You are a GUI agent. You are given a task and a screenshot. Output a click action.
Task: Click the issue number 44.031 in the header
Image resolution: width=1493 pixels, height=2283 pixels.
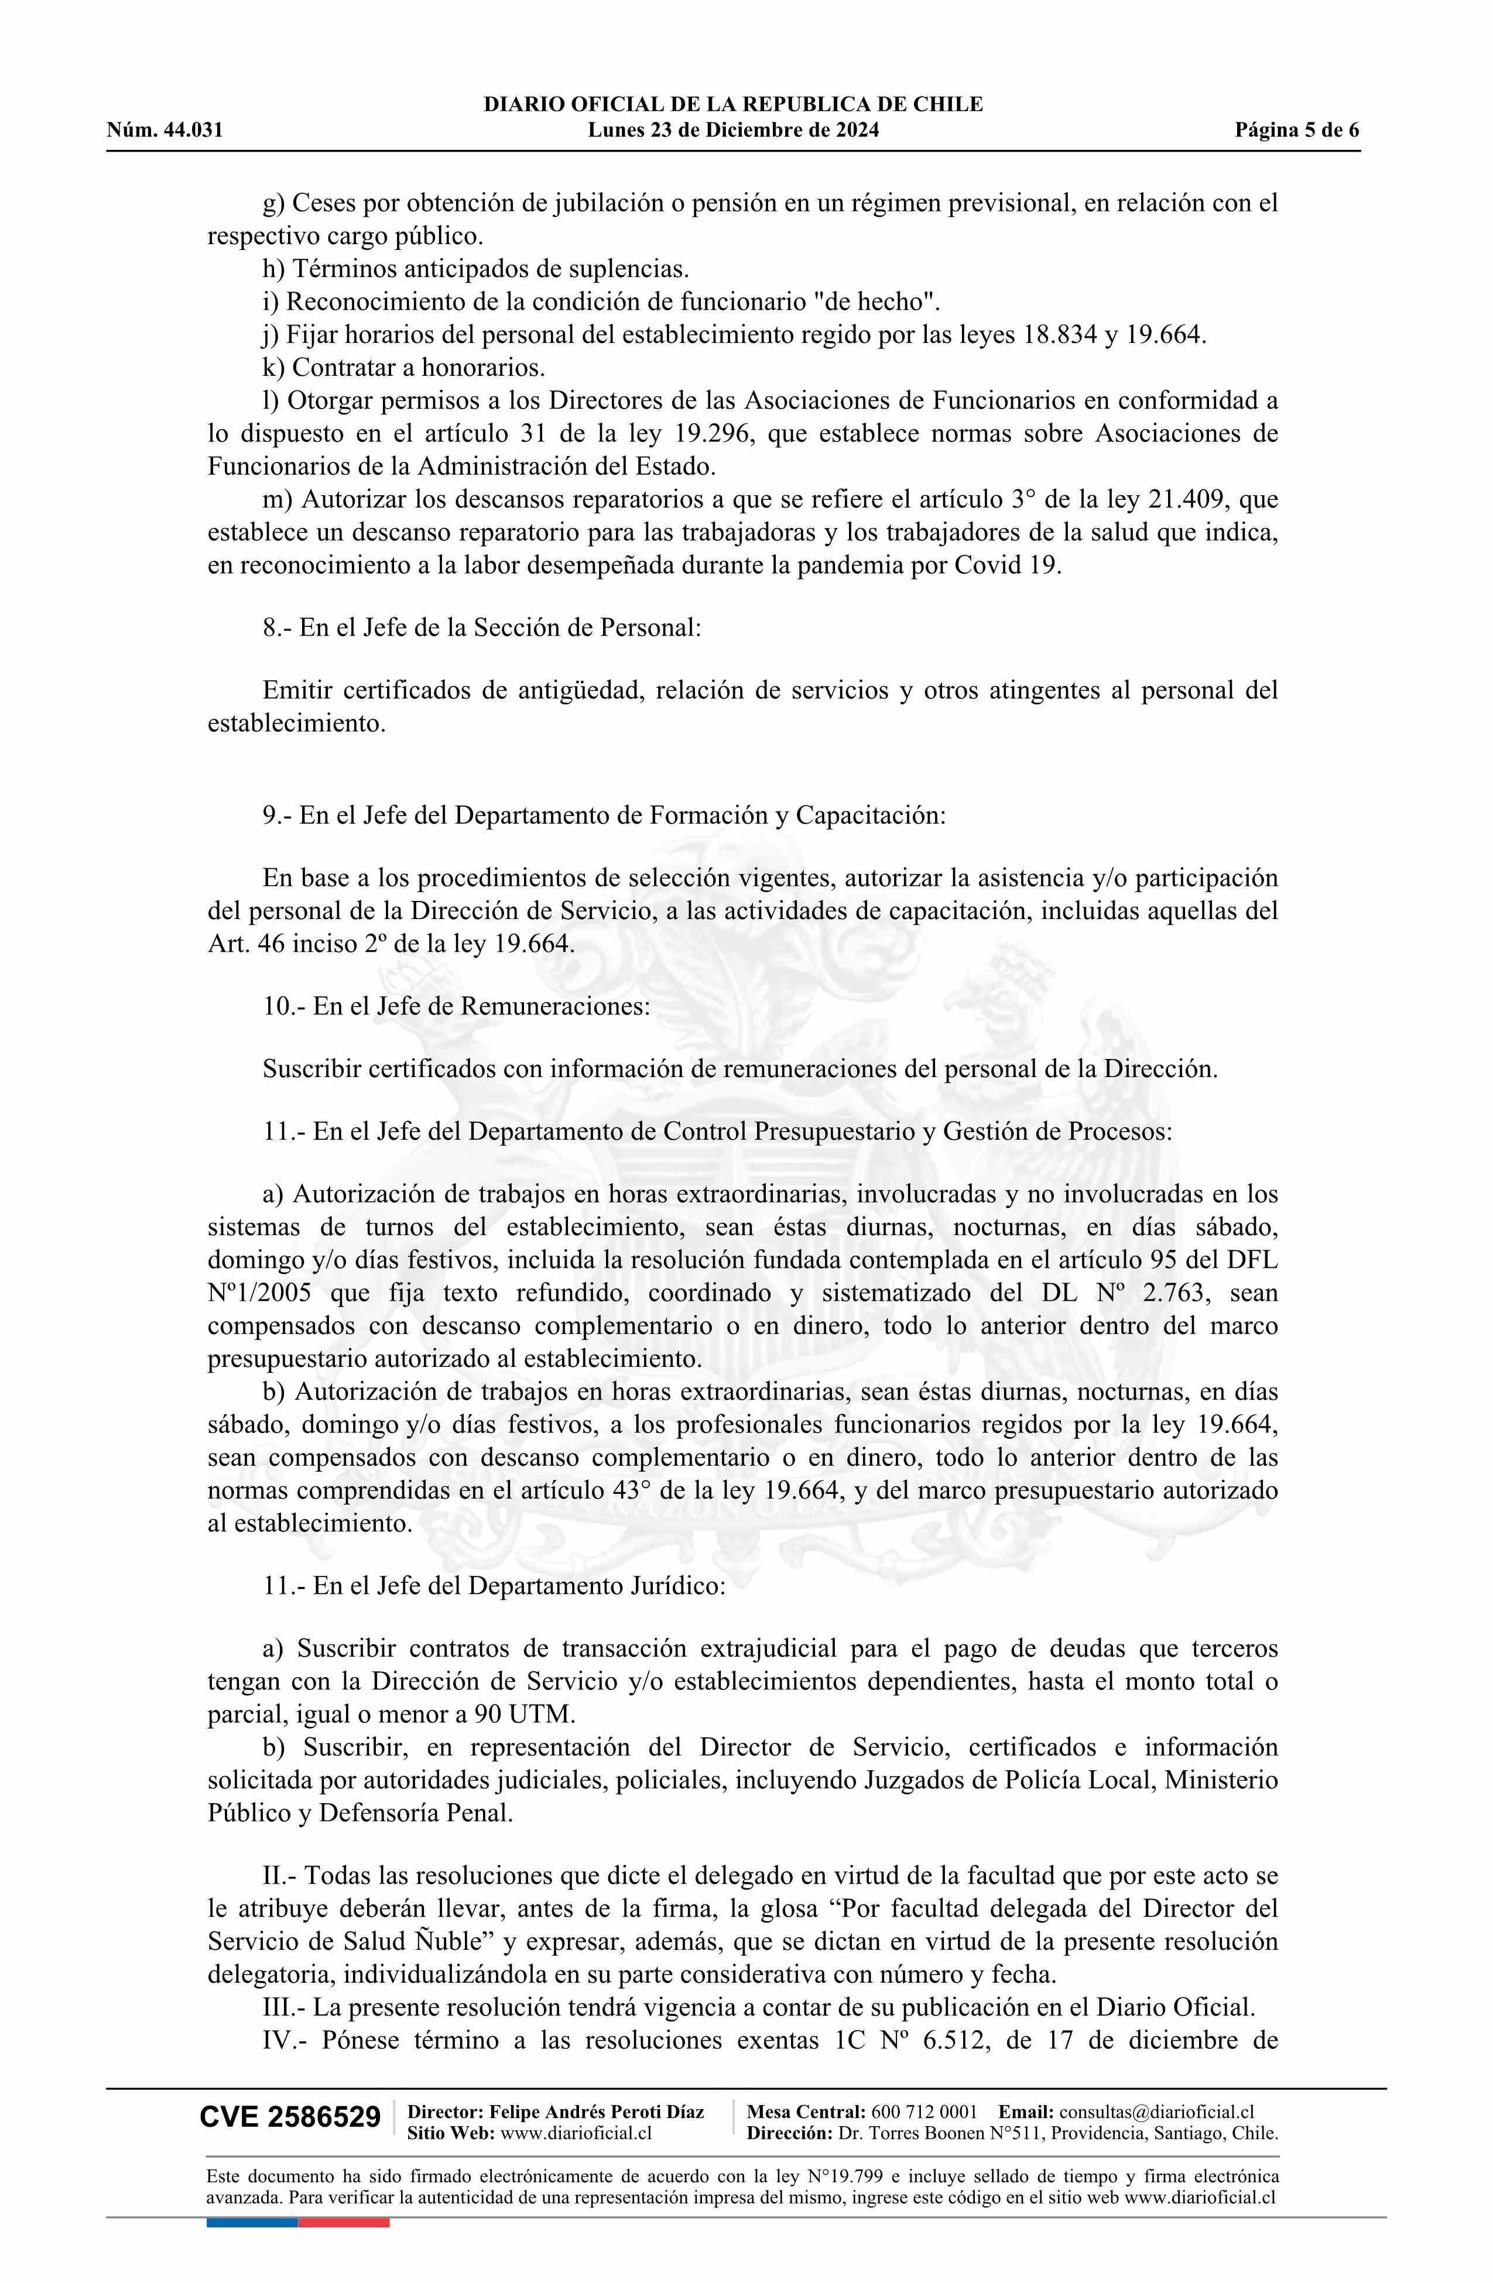[193, 131]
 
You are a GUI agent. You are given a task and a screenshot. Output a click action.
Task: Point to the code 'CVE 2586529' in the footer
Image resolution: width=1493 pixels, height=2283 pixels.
[290, 2118]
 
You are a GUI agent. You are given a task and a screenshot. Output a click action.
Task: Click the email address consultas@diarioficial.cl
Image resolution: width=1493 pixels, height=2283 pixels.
[1156, 2111]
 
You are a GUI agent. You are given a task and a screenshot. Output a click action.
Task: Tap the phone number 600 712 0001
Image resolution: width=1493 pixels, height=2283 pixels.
[924, 2111]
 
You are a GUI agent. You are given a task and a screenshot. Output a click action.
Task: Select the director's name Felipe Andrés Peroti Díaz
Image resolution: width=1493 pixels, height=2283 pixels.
[596, 2111]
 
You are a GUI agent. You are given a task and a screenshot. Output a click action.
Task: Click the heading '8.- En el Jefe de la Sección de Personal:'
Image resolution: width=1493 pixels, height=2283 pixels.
[482, 628]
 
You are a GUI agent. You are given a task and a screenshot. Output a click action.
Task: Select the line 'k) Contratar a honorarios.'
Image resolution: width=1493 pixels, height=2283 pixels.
[404, 368]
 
